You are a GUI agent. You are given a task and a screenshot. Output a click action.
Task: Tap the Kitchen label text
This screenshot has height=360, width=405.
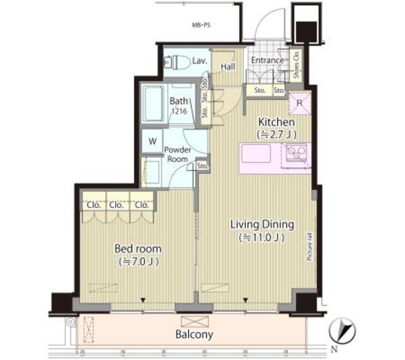275,122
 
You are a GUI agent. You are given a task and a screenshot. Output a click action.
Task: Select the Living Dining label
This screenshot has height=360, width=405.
261,224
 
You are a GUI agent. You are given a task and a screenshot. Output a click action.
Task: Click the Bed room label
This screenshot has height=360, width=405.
137,248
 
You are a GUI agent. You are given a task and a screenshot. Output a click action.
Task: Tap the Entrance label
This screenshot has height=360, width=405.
267,61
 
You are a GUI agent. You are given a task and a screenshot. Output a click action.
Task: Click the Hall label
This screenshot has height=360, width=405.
228,66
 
